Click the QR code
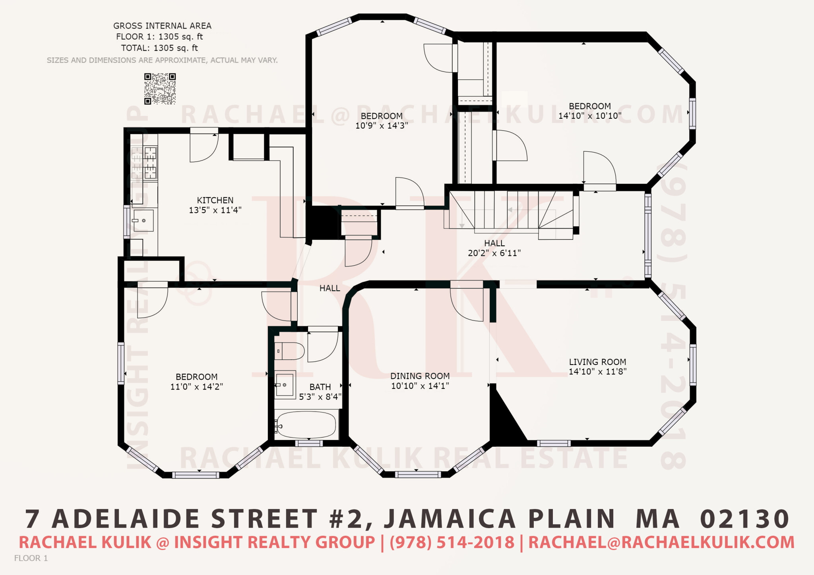pyautogui.click(x=160, y=89)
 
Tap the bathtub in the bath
pyautogui.click(x=306, y=425)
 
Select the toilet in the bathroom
pyautogui.click(x=289, y=351)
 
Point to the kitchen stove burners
pyautogui.click(x=150, y=163)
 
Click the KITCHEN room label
pyautogui.click(x=215, y=201)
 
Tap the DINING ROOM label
pyautogui.click(x=420, y=376)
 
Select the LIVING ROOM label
pyautogui.click(x=597, y=362)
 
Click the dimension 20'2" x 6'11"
pyautogui.click(x=494, y=253)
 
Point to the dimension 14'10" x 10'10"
pyautogui.click(x=590, y=116)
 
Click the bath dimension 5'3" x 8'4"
pyautogui.click(x=320, y=397)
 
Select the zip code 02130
pyautogui.click(x=745, y=519)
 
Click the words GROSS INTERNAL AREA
pyautogui.click(x=162, y=26)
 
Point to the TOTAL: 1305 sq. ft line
pyautogui.click(x=159, y=48)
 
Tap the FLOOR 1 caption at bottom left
pyautogui.click(x=31, y=558)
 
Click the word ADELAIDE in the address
pyautogui.click(x=126, y=519)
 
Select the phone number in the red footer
pyautogui.click(x=452, y=542)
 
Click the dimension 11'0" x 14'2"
pyautogui.click(x=197, y=387)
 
